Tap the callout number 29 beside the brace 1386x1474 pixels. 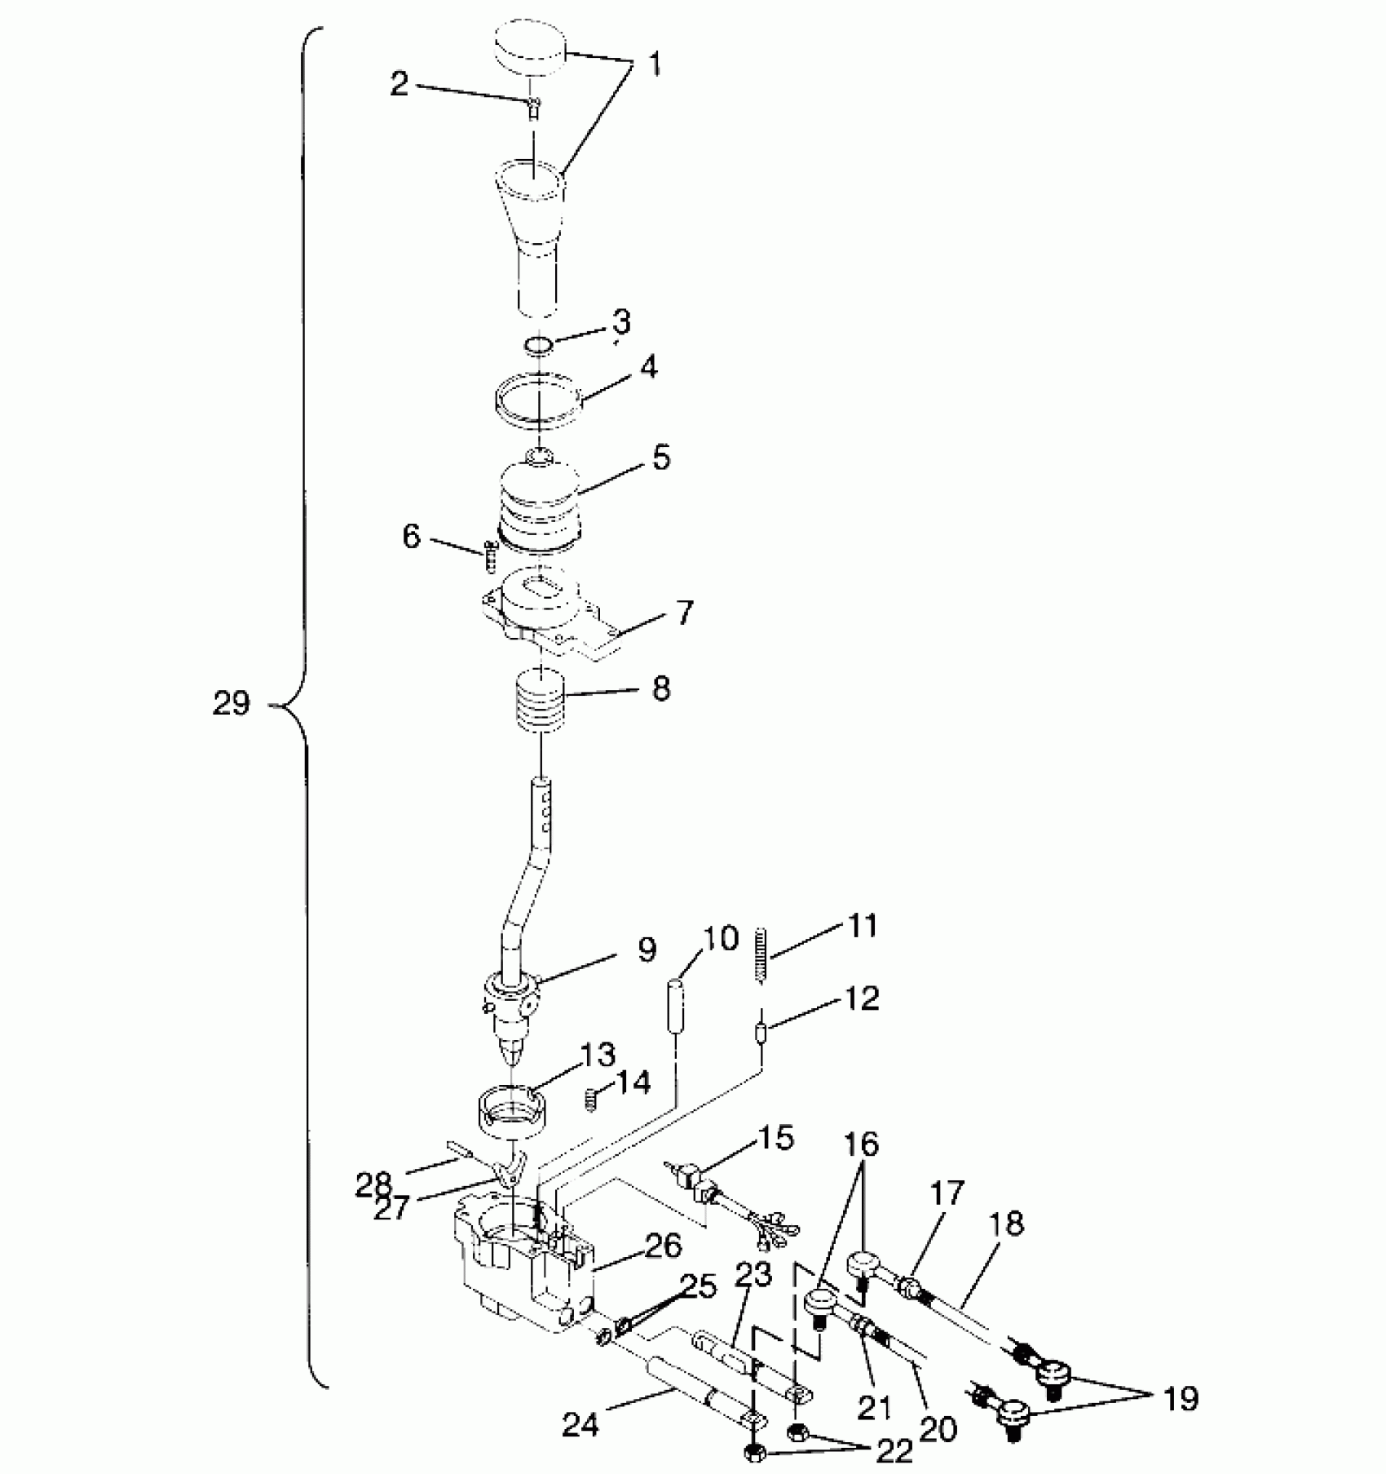[x=231, y=702]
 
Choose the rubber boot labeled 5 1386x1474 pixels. [x=538, y=499]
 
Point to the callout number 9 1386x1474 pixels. [x=647, y=949]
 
